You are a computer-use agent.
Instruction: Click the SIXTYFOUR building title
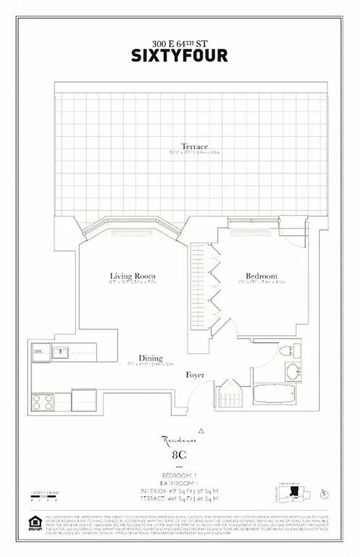click(x=180, y=54)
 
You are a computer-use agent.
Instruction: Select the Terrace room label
click(x=195, y=146)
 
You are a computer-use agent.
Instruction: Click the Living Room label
click(x=132, y=276)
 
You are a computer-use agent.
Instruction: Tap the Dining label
click(x=150, y=357)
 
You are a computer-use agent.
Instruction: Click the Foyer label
click(x=195, y=375)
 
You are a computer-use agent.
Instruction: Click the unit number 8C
click(x=180, y=456)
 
